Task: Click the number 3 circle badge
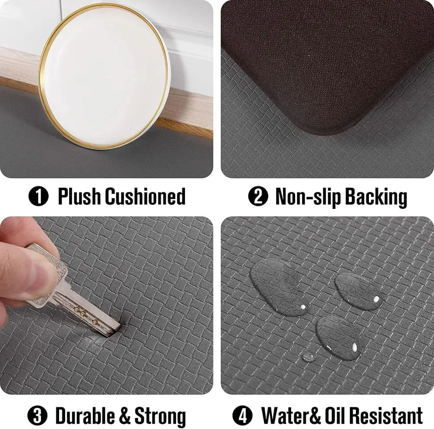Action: [37, 416]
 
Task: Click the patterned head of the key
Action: [49, 269]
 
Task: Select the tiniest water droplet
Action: [308, 357]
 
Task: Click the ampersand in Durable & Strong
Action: [124, 416]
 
